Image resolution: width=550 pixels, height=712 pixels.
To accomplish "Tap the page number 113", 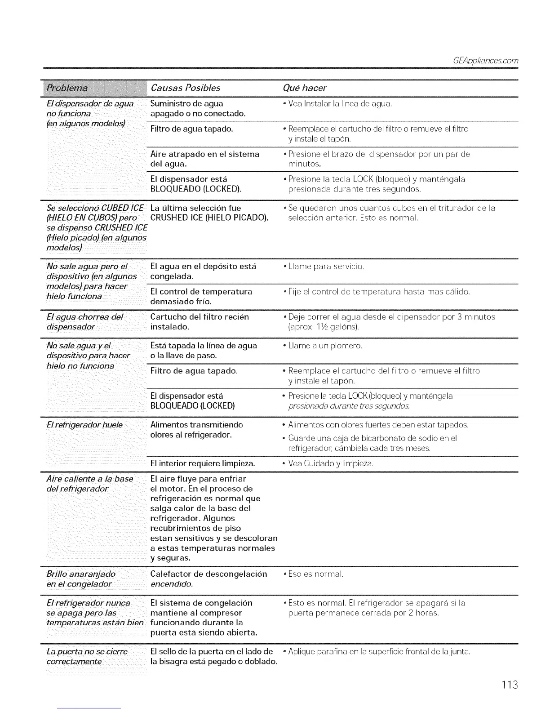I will [510, 685].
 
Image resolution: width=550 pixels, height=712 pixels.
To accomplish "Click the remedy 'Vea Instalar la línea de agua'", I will [340, 104].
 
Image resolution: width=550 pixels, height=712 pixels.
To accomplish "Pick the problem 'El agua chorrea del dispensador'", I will [84, 321].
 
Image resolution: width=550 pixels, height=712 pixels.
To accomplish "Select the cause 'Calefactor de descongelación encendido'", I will [208, 579].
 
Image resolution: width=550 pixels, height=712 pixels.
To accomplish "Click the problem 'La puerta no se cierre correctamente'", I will [87, 656].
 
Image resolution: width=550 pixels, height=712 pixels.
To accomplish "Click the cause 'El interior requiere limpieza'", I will [203, 463].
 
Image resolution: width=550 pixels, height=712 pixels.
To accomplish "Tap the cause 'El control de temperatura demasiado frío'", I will [201, 296].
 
